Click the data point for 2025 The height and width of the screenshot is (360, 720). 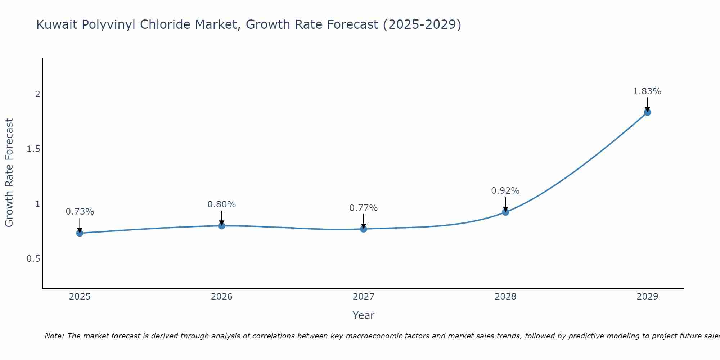[80, 233]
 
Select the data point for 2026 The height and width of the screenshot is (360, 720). [221, 226]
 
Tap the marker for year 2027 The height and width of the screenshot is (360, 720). [363, 229]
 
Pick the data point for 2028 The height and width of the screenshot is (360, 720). [505, 212]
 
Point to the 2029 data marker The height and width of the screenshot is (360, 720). [647, 112]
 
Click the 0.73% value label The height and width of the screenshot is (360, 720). [80, 212]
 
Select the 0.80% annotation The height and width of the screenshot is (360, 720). [221, 204]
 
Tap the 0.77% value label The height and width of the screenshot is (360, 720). [363, 208]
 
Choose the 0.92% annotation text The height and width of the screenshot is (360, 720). [505, 191]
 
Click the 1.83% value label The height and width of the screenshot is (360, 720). [647, 91]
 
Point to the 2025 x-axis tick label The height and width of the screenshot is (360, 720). [80, 297]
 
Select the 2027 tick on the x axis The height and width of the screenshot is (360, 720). [363, 297]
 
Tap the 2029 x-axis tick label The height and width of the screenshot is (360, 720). [647, 297]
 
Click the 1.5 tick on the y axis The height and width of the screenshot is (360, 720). [33, 149]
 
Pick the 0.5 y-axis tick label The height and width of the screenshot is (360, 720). [33, 259]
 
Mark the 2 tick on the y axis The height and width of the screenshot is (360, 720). [37, 94]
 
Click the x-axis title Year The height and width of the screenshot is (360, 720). [363, 315]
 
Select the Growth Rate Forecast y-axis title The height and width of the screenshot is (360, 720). [9, 173]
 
